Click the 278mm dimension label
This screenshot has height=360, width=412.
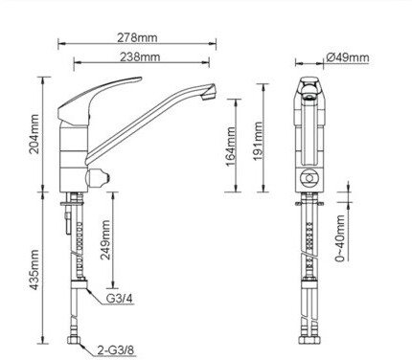pos(137,37)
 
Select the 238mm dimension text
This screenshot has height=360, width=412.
pos(140,56)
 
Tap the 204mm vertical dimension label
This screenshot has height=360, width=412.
pos(34,134)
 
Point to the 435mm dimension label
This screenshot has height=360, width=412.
pos(34,270)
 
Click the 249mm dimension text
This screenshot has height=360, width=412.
pos(105,239)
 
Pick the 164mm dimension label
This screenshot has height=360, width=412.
pos(231,146)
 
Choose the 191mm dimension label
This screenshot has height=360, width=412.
pos(258,141)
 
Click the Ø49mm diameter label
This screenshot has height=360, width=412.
pos(348,57)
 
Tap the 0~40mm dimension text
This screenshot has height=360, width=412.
pos(340,238)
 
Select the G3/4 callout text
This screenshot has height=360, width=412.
pos(119,299)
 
